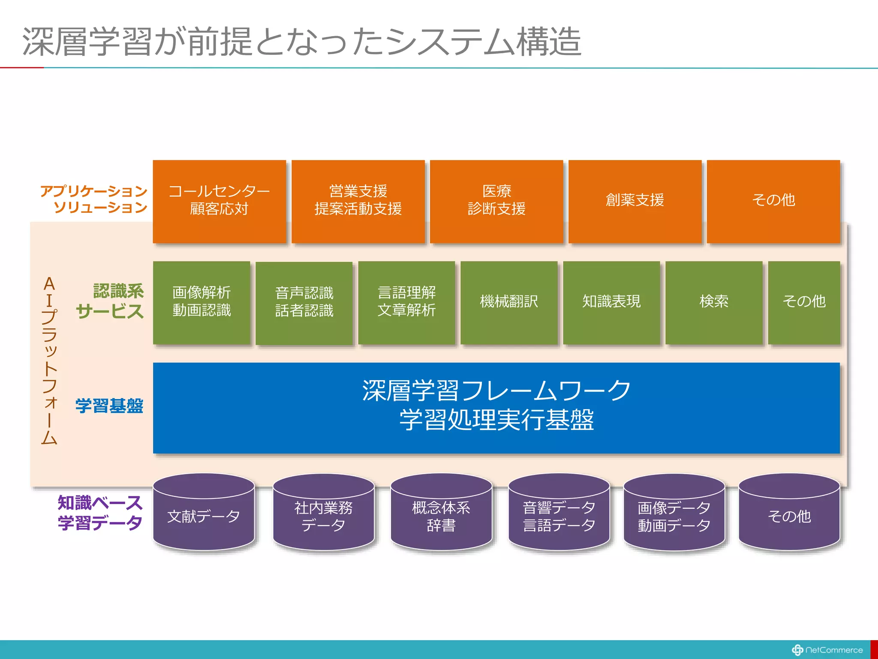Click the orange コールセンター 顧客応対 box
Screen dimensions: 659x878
coord(219,200)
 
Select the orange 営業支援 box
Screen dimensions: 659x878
coord(358,200)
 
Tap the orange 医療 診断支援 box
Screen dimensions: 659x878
coord(496,200)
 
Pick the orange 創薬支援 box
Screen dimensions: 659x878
coord(635,200)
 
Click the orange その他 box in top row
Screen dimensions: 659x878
coord(773,200)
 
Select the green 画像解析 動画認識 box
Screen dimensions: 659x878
coord(201,302)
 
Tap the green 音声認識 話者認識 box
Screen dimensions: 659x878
coord(304,302)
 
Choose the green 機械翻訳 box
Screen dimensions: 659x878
coord(509,302)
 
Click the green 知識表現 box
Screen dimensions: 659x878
coord(611,302)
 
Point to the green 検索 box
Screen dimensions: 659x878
coord(714,302)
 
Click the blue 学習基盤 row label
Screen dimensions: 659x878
coord(109,406)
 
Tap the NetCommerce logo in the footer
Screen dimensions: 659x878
coord(827,650)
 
